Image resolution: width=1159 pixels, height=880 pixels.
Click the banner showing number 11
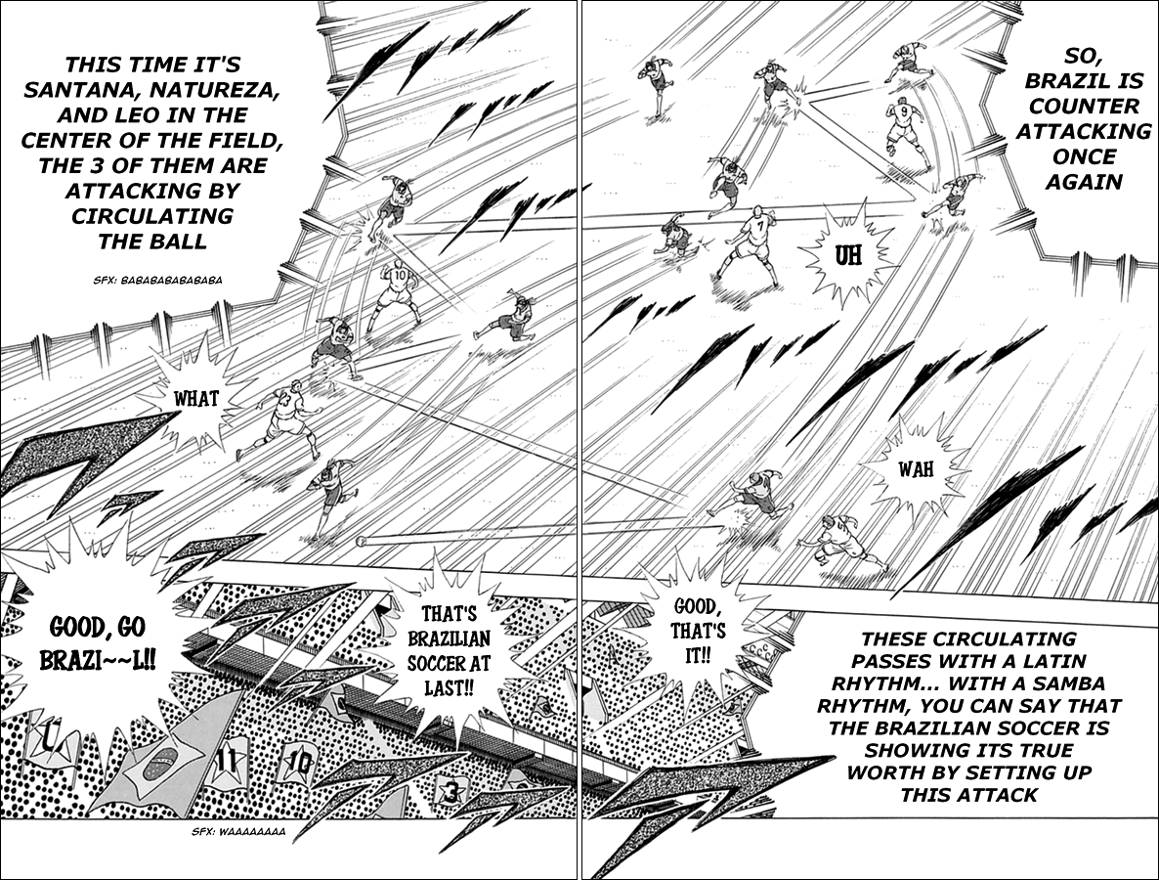[x=226, y=762]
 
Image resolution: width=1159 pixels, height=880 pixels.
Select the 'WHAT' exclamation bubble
[x=195, y=399]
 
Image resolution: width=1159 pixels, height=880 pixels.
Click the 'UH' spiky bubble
[x=848, y=256]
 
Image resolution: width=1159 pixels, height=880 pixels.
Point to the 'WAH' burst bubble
[x=916, y=468]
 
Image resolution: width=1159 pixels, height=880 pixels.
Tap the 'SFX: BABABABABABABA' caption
[x=157, y=281]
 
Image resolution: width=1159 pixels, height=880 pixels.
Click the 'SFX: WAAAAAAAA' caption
[x=237, y=831]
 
